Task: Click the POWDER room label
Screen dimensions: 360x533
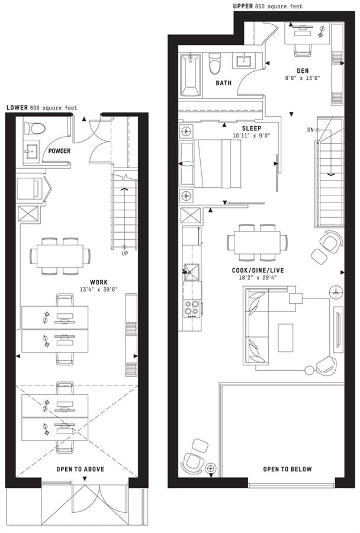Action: pos(59,151)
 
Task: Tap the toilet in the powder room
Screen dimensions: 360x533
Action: pos(34,129)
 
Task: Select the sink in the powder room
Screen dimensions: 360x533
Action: pos(31,151)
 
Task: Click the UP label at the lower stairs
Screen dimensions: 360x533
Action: pos(125,253)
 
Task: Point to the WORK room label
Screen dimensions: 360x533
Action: pos(99,282)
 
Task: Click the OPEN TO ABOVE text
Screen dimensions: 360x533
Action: pos(80,469)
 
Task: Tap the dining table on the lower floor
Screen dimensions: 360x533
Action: pos(60,256)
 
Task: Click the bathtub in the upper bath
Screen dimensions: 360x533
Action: pos(191,75)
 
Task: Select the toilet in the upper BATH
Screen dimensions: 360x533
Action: pos(215,63)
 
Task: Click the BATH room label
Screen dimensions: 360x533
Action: pos(224,83)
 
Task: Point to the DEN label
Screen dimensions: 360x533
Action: pos(303,71)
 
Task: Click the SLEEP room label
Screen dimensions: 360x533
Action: pos(252,129)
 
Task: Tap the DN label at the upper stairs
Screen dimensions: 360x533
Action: pos(310,130)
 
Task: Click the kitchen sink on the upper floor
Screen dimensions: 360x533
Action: pos(192,272)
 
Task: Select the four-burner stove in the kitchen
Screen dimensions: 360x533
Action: pos(192,309)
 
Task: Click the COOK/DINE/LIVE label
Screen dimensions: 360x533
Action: pos(258,271)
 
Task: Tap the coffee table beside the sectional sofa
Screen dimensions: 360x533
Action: pos(285,338)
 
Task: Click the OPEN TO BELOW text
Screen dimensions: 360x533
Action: pos(288,469)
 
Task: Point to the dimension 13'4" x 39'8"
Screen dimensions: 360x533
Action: pos(98,290)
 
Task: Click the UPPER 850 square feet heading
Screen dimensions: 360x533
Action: pos(268,6)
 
